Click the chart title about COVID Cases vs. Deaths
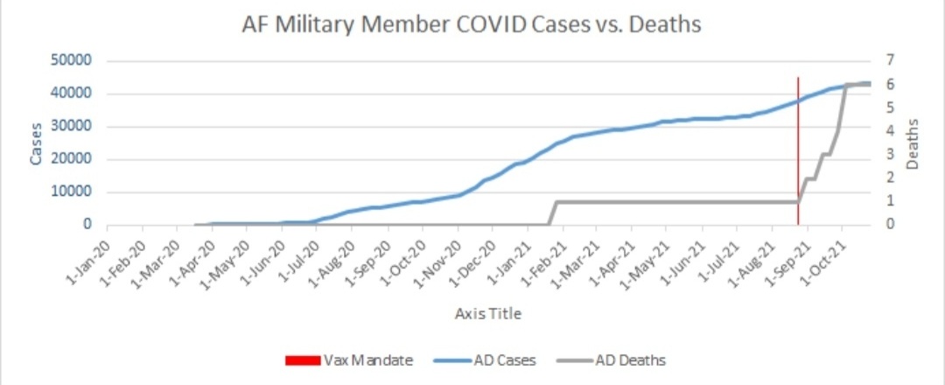[472, 24]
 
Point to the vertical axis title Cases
[37, 143]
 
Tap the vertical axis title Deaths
[911, 145]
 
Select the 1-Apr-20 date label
[194, 259]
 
